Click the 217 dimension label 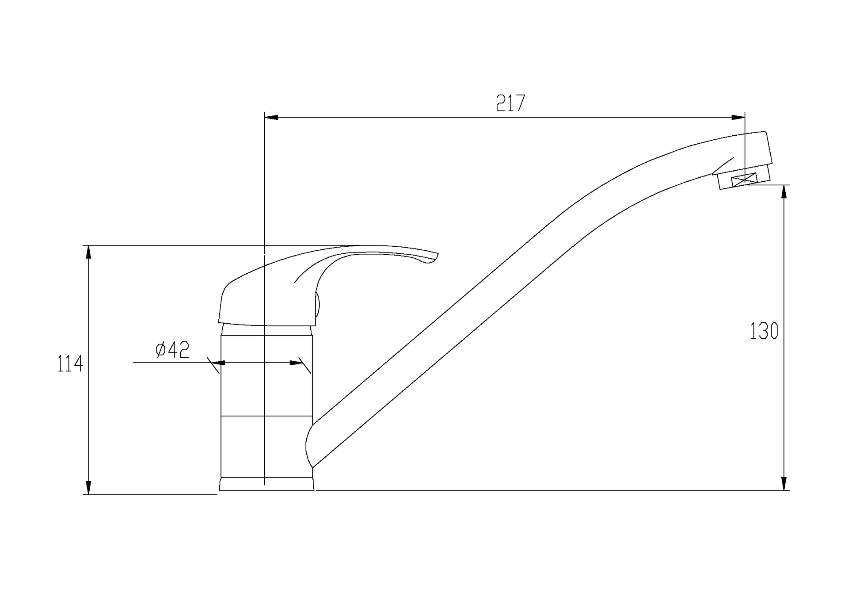510,103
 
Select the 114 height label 70,364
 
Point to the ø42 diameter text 173,350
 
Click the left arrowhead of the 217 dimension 271,117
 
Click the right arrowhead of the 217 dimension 738,117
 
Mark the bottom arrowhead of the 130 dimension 784,483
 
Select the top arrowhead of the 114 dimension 88,252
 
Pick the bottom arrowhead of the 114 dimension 88,487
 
